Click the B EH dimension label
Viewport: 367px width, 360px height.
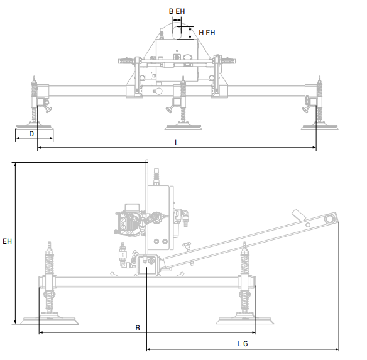click(x=177, y=11)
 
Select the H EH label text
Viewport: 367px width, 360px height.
click(x=207, y=31)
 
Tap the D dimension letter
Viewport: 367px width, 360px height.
click(x=32, y=134)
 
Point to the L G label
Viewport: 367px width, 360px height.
click(x=243, y=343)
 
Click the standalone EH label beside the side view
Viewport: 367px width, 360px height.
click(x=6, y=241)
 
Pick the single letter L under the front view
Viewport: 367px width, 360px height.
click(x=177, y=143)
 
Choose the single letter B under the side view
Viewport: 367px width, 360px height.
click(x=137, y=327)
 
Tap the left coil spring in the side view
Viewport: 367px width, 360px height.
click(x=50, y=259)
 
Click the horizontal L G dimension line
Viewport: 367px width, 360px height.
click(x=243, y=349)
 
